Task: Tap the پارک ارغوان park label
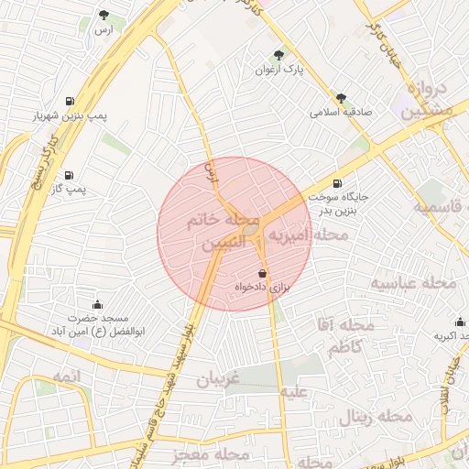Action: coord(278,70)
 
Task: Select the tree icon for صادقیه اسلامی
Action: coord(341,97)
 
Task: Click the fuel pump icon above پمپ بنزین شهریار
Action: coord(71,101)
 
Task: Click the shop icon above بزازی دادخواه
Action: coord(263,272)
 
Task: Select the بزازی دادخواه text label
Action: coord(263,287)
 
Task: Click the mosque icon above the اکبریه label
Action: coord(460,322)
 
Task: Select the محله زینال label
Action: coord(376,418)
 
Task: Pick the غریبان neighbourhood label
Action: coord(219,378)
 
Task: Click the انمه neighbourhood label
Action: coord(67,377)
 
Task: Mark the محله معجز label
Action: coord(210,454)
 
